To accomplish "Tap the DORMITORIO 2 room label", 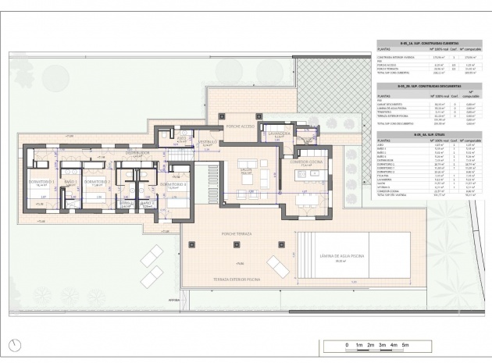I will point(94,181).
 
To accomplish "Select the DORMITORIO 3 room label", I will point(173,183).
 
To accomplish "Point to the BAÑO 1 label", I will point(69,181).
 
